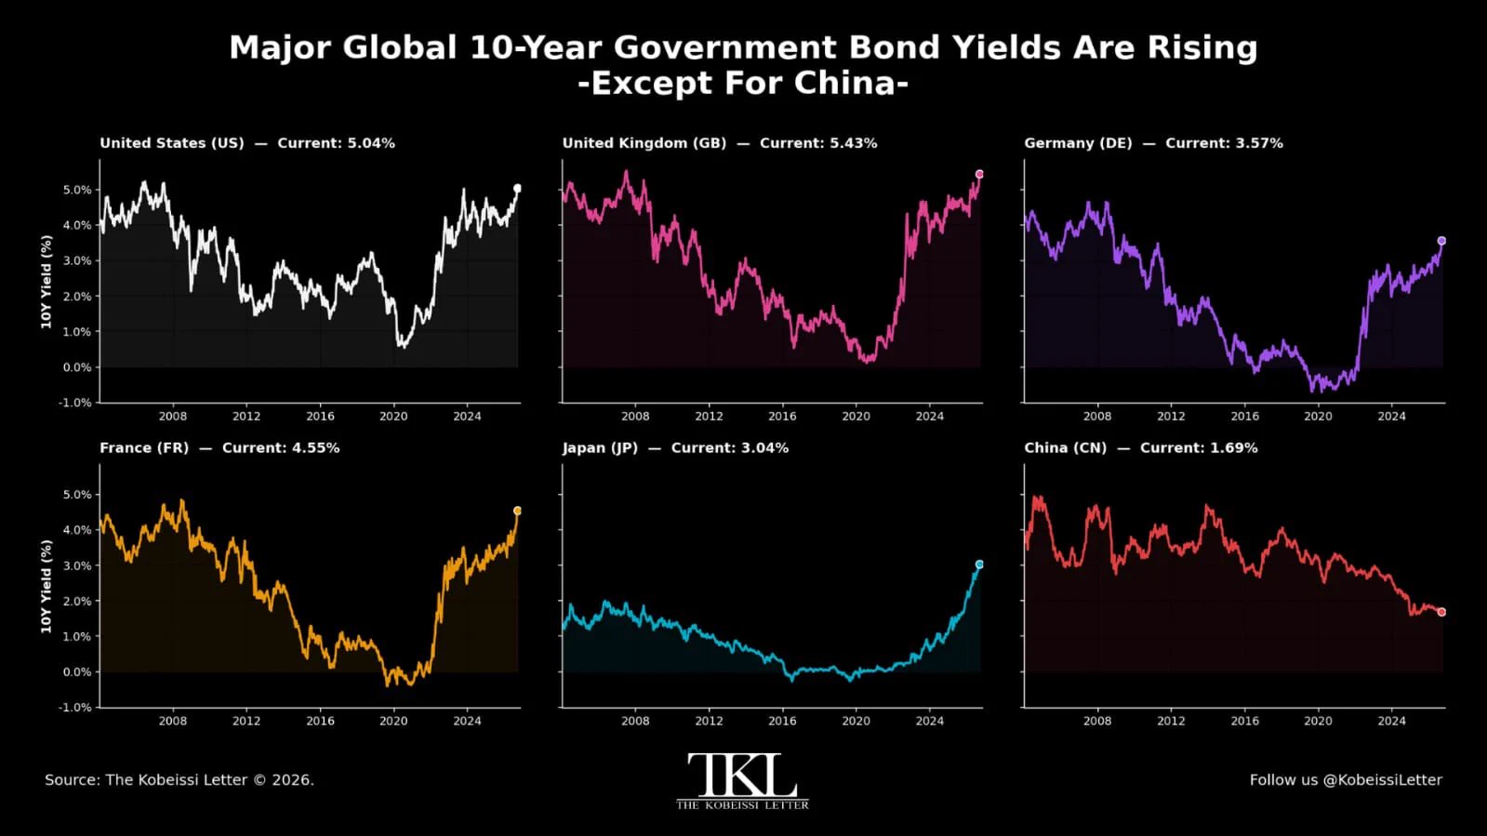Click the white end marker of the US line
pos(517,189)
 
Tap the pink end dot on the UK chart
pos(979,174)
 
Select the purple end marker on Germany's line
pos(1441,241)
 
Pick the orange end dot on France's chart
pos(517,511)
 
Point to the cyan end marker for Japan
pos(979,564)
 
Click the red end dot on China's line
pos(1441,612)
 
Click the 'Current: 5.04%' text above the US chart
pos(336,143)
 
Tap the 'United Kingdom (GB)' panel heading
pos(644,143)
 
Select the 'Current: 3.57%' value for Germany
pos(1224,143)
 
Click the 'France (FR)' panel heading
pos(144,448)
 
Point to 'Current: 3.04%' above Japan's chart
pos(730,448)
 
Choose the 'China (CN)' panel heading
pos(1066,448)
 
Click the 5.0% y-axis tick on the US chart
pos(77,190)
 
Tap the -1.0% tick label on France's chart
pos(74,707)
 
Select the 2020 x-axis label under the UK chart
pos(856,417)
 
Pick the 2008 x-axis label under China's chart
pos(1096,721)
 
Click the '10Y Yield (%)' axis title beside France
pos(46,587)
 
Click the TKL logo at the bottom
pos(742,781)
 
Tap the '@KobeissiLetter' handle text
pos(1382,780)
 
